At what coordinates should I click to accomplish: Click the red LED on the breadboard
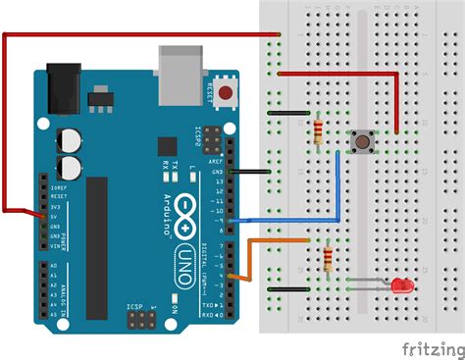click(x=401, y=285)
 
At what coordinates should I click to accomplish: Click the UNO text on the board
click(x=182, y=237)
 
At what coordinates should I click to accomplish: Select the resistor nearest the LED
click(x=327, y=261)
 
